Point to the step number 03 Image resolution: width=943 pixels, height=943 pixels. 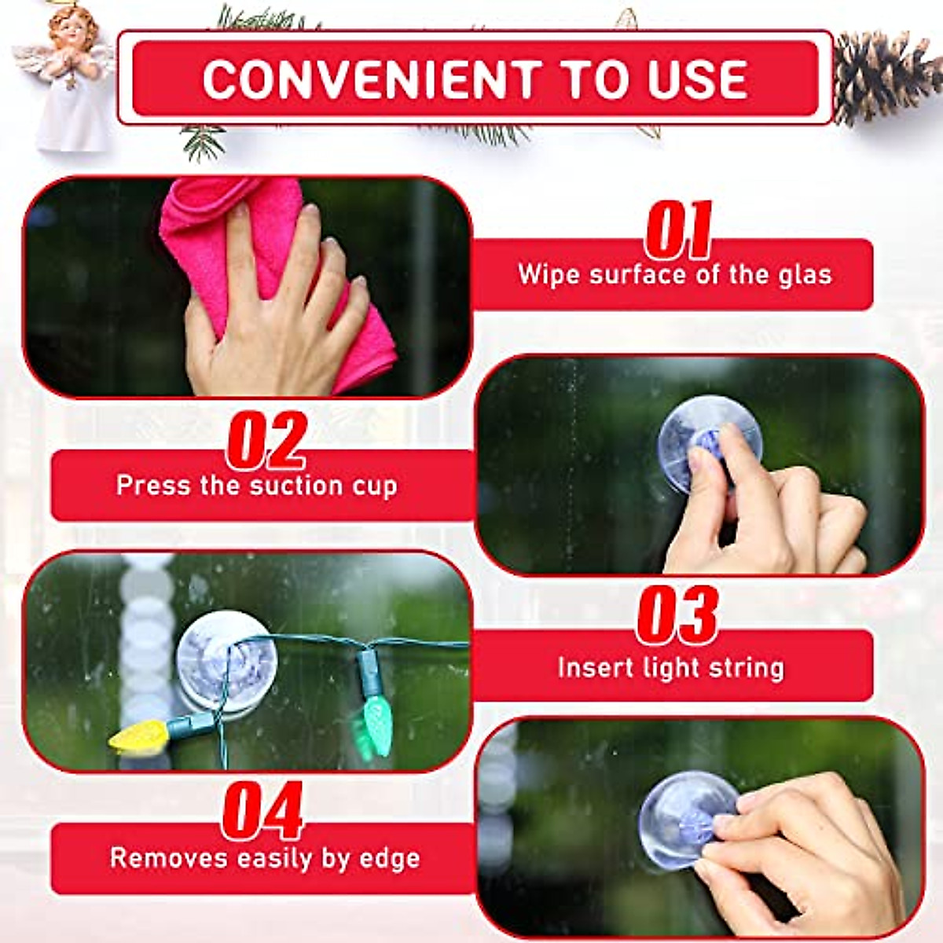677,615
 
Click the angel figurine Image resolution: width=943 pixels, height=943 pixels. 69,79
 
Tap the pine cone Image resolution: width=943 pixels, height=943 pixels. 883,75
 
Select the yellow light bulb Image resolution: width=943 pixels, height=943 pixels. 140,735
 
